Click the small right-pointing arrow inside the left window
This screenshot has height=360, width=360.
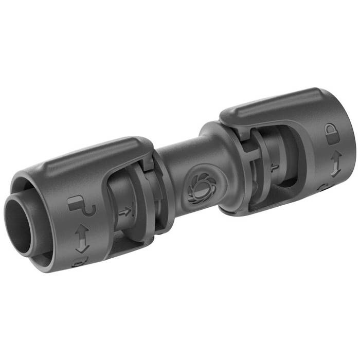click(x=124, y=211)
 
